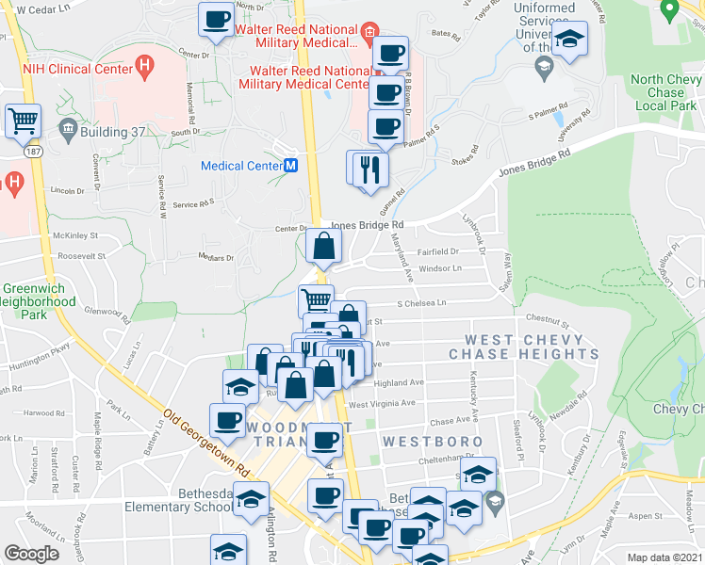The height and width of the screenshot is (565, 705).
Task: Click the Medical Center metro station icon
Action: [291, 166]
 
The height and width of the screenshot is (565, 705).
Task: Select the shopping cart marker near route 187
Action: [23, 121]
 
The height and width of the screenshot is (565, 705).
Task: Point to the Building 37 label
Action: [111, 131]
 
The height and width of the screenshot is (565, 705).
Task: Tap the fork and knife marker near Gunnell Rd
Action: [369, 169]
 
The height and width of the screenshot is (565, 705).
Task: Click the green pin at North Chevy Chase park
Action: [670, 9]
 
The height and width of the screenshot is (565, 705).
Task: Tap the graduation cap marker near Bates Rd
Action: [568, 40]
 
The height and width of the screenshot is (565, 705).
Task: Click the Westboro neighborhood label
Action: [432, 441]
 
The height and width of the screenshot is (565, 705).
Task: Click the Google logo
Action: [32, 554]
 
